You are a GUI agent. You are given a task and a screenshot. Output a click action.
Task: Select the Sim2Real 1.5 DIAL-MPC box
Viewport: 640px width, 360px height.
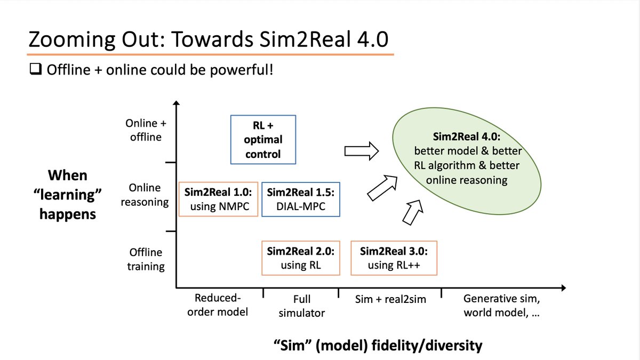point(300,198)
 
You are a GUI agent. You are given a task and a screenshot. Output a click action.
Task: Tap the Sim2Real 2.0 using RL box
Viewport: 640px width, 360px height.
point(300,258)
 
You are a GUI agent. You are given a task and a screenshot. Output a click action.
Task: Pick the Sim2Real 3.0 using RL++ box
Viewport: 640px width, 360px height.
point(394,258)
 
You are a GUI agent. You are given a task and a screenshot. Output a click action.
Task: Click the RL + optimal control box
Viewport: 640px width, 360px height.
point(263,140)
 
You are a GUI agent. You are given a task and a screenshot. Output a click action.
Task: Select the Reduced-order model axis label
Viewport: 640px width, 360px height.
point(218,305)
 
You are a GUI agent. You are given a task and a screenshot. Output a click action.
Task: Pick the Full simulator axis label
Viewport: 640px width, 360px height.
point(301,306)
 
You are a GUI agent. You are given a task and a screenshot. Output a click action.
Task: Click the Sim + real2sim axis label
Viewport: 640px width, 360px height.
point(391,299)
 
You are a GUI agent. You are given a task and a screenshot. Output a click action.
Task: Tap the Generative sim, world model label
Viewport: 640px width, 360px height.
point(501,306)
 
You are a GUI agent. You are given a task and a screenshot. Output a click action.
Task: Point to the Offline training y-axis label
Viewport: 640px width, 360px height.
point(146,259)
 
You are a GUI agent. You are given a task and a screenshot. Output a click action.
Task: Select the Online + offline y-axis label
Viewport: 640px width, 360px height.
point(146,130)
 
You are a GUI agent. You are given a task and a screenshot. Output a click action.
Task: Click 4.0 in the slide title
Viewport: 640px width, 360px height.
point(371,39)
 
